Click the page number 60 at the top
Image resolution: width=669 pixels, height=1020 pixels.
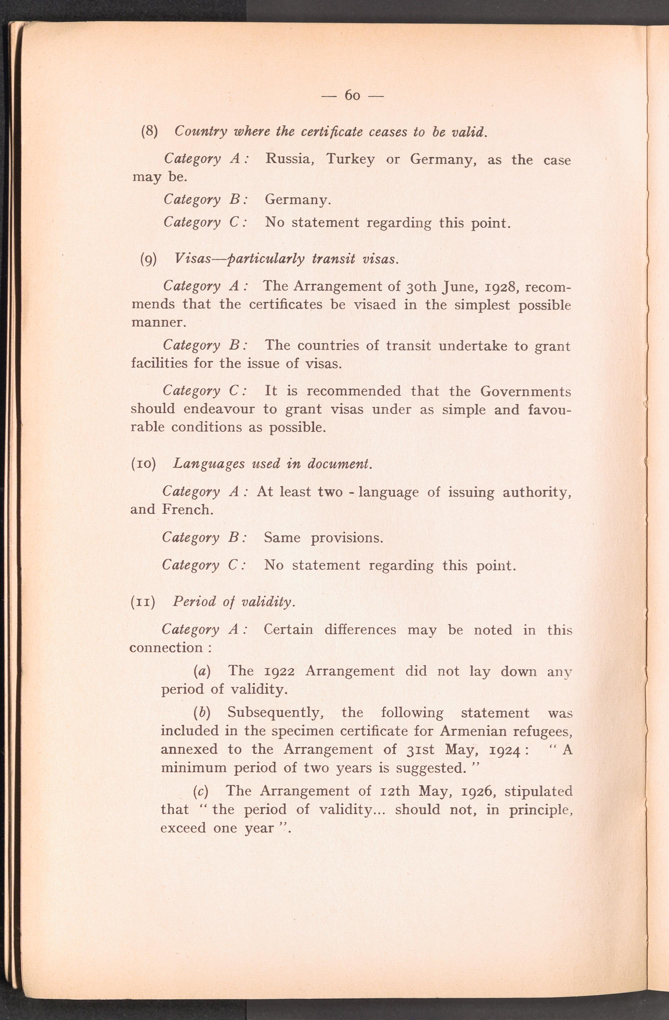point(352,95)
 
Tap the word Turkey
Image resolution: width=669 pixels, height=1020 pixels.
point(350,159)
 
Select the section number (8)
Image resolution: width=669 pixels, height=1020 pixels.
point(150,131)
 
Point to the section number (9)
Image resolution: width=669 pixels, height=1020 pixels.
point(149,259)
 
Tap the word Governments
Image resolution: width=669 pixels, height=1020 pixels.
point(525,391)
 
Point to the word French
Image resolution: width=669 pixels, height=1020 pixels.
point(187,509)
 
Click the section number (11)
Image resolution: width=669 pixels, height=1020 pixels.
point(142,602)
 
